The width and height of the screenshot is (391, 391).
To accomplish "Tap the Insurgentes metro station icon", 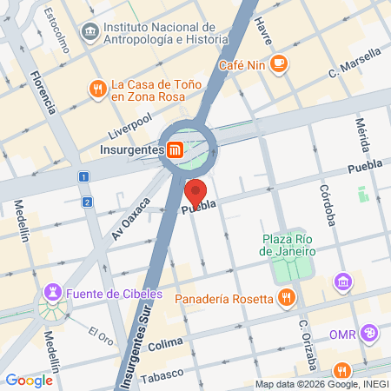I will [x=175, y=149].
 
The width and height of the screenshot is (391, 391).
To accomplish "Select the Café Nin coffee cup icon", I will [x=279, y=63].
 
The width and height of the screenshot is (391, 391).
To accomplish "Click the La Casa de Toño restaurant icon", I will [x=97, y=88].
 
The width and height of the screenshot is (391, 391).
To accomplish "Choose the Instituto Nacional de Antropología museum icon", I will [x=89, y=32].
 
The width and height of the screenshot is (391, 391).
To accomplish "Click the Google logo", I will [x=29, y=380].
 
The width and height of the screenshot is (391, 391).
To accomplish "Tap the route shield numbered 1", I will [x=83, y=176].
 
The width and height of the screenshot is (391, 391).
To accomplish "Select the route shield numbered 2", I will [x=88, y=202].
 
